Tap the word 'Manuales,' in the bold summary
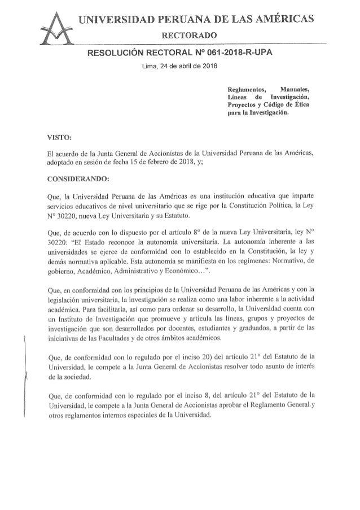(x=297, y=89)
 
